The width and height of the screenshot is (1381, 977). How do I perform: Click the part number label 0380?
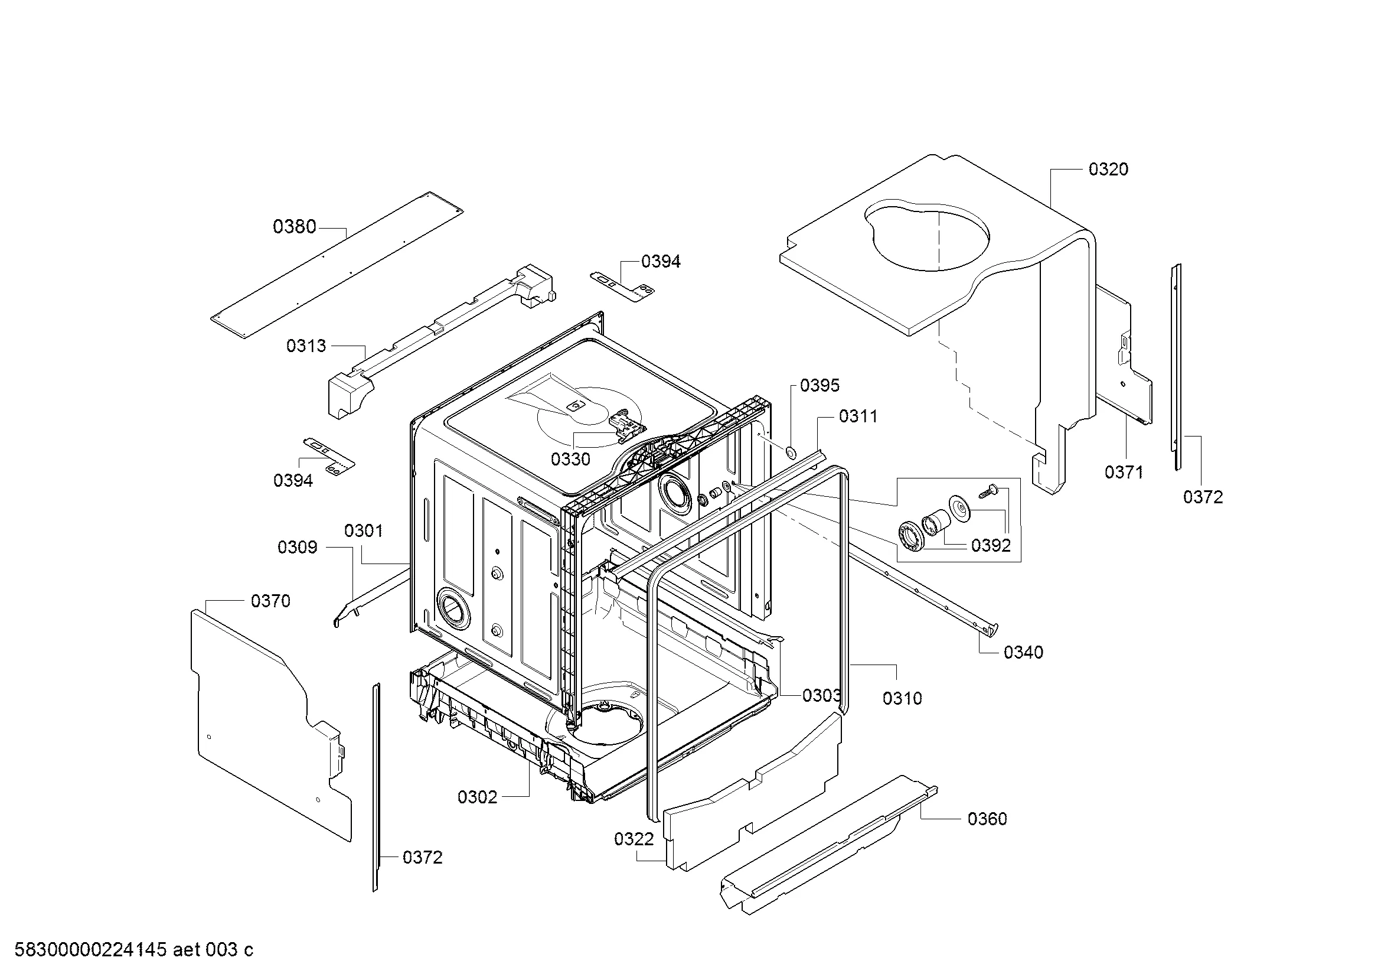(x=294, y=227)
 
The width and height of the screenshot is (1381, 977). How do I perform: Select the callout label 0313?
(x=306, y=346)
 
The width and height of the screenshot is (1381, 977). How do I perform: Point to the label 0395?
(x=820, y=386)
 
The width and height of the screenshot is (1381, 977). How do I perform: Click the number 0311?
(x=858, y=416)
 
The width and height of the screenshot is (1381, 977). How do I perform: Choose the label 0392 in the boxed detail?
(x=991, y=546)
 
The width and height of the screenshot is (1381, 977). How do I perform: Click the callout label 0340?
(x=1023, y=652)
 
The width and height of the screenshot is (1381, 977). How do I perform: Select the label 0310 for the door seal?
(x=902, y=698)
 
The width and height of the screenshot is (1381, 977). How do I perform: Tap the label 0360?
(x=987, y=819)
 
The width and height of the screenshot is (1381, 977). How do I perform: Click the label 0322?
(x=634, y=839)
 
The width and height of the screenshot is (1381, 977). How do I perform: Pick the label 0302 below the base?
(x=478, y=797)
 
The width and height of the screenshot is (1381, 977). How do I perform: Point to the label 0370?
(x=270, y=601)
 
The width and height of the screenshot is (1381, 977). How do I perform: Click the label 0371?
(x=1124, y=473)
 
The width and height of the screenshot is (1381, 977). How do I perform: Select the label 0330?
(x=571, y=460)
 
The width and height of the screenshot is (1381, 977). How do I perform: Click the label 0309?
(x=297, y=548)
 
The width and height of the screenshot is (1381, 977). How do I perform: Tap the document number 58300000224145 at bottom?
(x=90, y=950)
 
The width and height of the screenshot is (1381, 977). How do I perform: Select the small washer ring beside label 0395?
(x=791, y=452)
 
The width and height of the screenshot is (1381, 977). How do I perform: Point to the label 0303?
(x=822, y=696)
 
